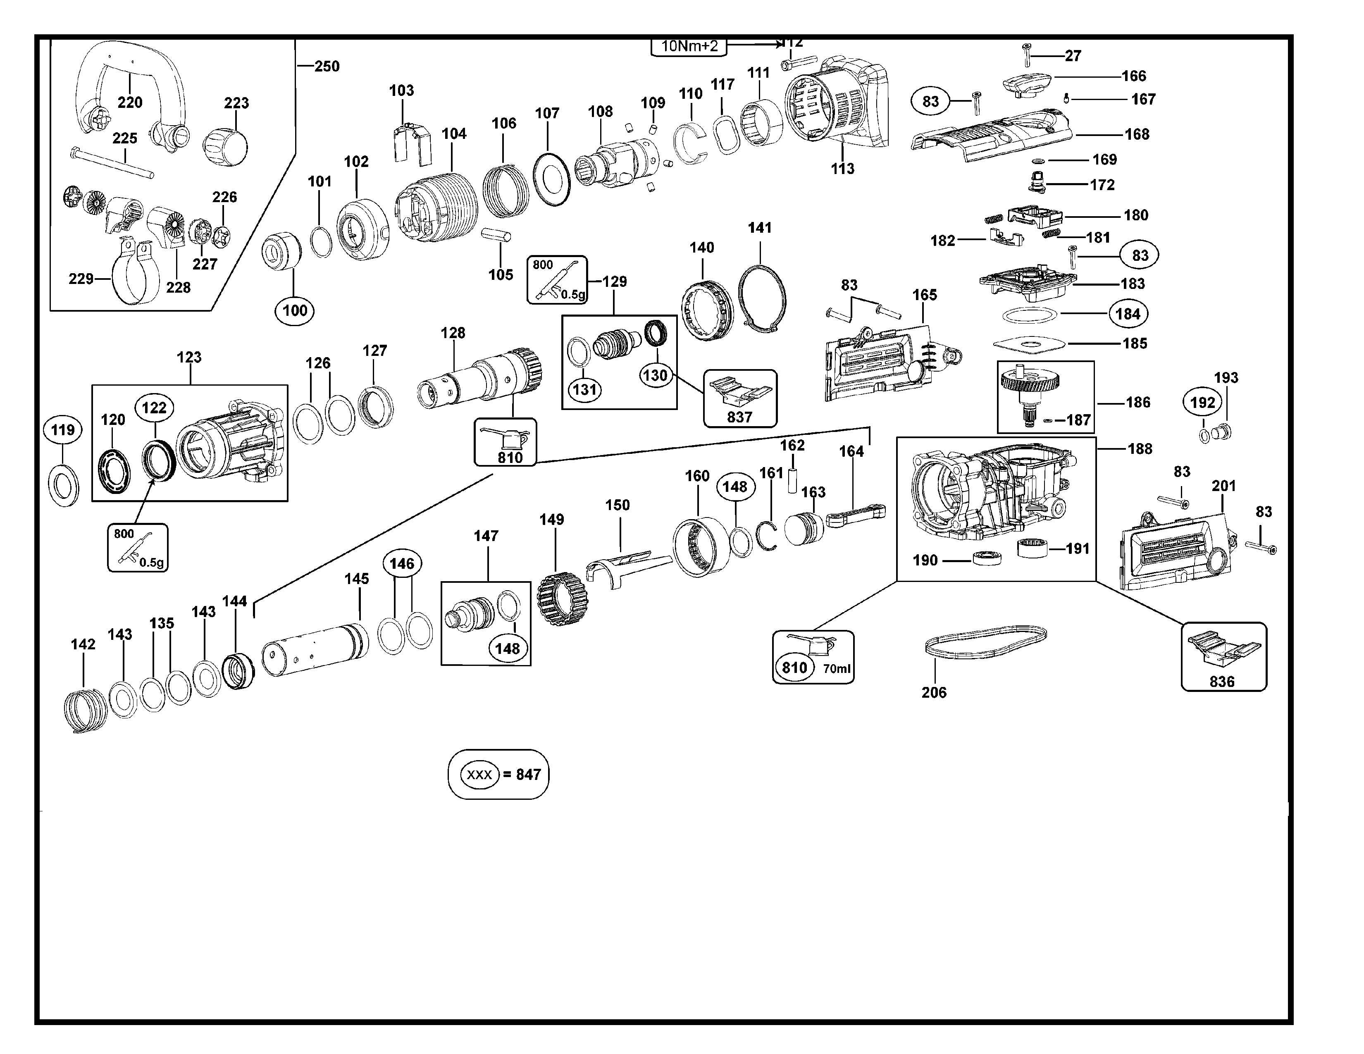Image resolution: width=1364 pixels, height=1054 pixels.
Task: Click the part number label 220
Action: (130, 103)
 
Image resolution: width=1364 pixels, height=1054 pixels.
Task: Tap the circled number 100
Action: (295, 310)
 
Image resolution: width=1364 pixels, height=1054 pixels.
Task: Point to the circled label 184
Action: (1128, 314)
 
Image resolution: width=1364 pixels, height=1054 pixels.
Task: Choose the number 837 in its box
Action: (739, 417)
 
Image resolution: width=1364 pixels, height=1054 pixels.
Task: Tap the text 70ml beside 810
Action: (836, 669)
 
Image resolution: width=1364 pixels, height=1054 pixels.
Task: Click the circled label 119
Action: (62, 430)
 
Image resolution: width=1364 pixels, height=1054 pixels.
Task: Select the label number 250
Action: (327, 66)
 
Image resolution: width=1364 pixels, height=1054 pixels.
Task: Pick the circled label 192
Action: (1202, 403)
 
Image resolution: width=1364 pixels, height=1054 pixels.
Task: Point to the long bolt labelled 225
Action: (112, 162)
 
